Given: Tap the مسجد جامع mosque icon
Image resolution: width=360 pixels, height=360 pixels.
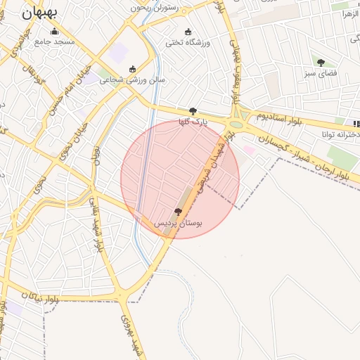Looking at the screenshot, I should [55, 31].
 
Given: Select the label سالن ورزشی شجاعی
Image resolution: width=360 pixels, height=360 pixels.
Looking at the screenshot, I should [132, 79].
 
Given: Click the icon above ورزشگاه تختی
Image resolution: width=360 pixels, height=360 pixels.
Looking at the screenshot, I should [188, 32].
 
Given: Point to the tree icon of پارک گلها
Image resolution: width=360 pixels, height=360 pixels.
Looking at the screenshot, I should [193, 111].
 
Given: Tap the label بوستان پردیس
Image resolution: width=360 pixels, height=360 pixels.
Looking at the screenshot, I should [178, 223].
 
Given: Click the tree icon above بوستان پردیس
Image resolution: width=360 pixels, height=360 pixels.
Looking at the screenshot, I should [178, 212].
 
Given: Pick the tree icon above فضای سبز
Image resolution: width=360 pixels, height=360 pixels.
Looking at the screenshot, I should [321, 63].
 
